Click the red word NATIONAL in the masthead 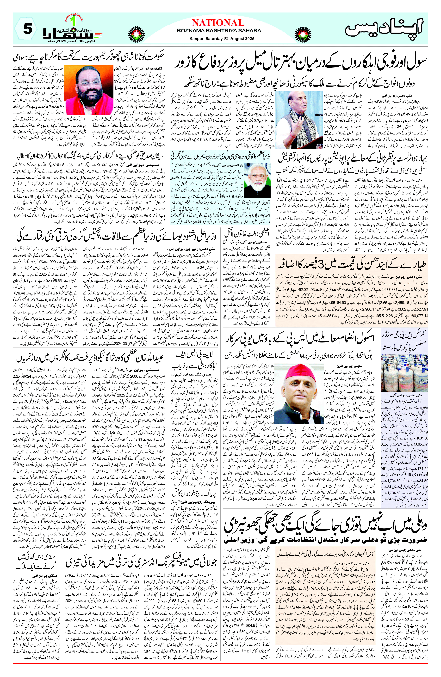pyautogui.click(x=218, y=23)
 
